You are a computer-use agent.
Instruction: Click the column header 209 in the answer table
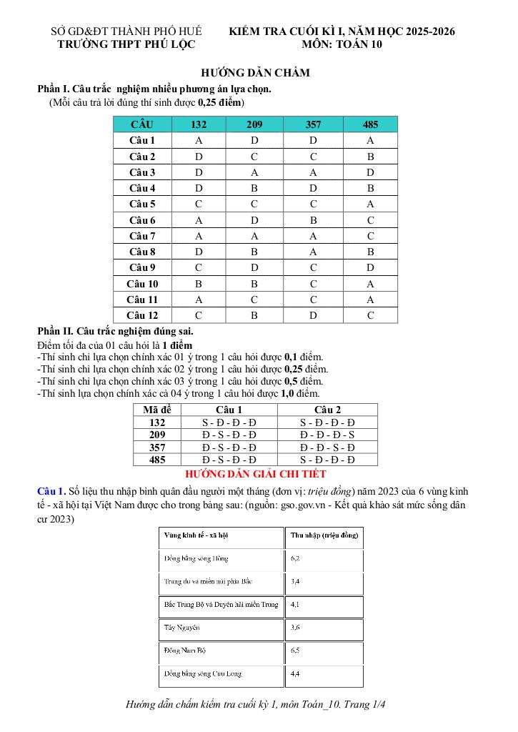[254, 124]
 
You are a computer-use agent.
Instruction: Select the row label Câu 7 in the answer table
[142, 236]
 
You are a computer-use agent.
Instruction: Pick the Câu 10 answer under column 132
[199, 284]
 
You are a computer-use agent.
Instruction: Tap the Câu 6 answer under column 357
[313, 220]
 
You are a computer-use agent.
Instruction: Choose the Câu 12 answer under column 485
[370, 315]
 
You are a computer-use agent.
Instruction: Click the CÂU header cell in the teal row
[142, 124]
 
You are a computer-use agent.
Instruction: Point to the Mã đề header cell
[157, 410]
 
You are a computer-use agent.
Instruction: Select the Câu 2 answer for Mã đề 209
[327, 435]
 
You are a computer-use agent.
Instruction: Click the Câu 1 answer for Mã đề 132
[229, 422]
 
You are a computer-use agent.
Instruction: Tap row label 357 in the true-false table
[157, 447]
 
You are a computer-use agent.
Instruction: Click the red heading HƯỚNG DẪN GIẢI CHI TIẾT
[255, 474]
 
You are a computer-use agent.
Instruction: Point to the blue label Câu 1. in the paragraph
[51, 491]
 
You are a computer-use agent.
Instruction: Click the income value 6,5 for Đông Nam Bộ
[296, 651]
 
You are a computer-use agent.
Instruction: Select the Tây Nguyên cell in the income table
[181, 627]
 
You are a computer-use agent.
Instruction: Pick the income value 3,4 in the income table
[296, 581]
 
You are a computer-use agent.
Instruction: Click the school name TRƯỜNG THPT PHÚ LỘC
[125, 44]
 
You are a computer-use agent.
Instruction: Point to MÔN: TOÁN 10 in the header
[342, 44]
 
